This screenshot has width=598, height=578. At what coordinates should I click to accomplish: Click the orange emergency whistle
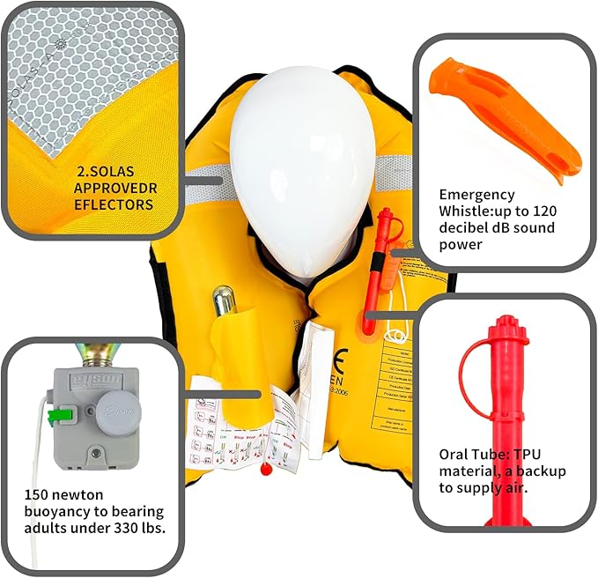[497, 115]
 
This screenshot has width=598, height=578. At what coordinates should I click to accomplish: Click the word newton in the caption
[92, 495]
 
